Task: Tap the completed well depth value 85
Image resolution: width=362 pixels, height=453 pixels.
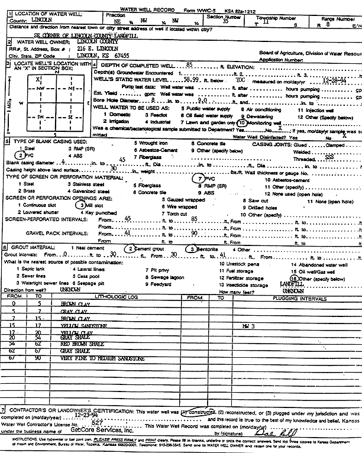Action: click(189, 63)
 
